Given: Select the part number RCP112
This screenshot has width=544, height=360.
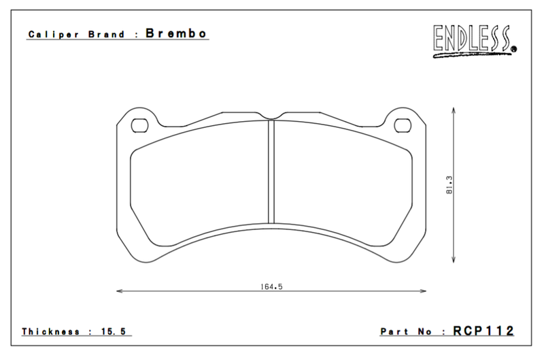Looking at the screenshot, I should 483,331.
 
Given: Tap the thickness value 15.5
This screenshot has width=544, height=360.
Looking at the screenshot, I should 115,331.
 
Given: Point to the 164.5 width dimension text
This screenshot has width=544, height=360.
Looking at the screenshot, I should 271,287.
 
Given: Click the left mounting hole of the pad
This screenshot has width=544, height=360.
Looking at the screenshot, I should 140,125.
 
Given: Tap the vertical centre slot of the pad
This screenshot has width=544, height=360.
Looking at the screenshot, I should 271,170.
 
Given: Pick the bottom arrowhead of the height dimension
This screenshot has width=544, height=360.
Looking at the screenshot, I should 454,262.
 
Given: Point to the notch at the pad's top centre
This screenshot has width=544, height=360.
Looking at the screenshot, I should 271,116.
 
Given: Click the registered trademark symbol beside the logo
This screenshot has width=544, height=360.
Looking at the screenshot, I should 513,48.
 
